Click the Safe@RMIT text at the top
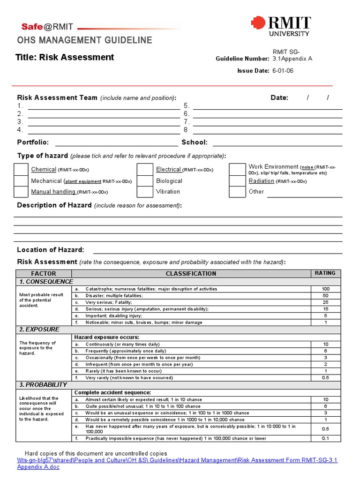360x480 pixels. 47,27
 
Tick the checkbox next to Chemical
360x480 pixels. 21,169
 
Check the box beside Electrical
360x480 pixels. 144,169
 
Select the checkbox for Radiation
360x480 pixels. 237,181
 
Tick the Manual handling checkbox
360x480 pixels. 21,192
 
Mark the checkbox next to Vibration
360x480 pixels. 144,192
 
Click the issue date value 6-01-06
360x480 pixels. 283,71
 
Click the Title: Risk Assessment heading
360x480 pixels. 65,58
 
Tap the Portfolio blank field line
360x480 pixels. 116,143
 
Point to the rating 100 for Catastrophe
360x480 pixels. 325,289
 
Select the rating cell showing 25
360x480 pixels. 325,302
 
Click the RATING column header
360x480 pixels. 325,273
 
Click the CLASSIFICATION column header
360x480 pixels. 191,274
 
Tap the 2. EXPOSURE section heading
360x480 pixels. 39,330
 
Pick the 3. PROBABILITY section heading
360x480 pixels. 43,385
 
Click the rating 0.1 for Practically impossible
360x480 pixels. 325,438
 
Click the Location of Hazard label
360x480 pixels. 51,250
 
